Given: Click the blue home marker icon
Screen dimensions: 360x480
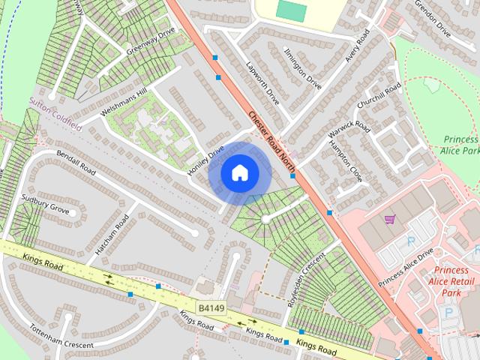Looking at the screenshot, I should (x=239, y=173).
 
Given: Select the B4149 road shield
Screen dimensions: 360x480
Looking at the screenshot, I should (x=212, y=308).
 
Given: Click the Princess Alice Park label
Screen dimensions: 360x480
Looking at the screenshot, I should (x=460, y=145).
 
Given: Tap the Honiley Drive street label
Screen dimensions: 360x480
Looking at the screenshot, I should (x=205, y=160).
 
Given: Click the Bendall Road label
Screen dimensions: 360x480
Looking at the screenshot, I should (x=77, y=163).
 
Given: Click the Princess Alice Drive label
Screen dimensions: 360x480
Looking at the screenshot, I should (x=406, y=266).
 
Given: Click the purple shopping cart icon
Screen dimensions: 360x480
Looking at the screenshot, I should (x=389, y=219).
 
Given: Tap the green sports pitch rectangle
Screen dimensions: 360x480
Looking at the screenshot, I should (x=292, y=10).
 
